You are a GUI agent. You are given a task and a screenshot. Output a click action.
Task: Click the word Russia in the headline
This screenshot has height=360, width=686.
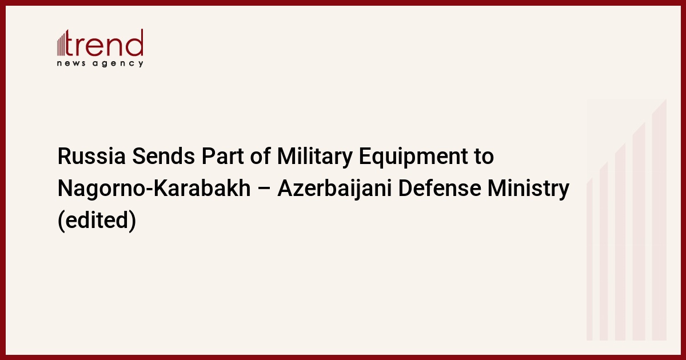tap(91, 156)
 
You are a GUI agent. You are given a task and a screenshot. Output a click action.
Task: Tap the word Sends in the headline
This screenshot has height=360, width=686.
tap(163, 156)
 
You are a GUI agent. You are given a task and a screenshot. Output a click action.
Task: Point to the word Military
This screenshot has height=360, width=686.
tap(315, 157)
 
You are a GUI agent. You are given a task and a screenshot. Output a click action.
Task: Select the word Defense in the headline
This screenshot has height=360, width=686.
tap(440, 188)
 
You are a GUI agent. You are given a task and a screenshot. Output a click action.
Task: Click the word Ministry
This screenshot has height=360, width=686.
tap(528, 189)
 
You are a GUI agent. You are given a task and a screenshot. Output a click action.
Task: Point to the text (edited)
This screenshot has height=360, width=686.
tap(97, 221)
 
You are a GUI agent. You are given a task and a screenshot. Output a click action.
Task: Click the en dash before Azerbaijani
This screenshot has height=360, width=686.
tap(264, 190)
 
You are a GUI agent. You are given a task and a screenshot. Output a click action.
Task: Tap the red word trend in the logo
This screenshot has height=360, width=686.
tap(104, 43)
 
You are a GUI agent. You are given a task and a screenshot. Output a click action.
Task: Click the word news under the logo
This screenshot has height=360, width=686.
tap(71, 63)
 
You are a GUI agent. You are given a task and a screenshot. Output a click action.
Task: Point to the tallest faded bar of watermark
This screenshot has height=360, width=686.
tap(659, 219)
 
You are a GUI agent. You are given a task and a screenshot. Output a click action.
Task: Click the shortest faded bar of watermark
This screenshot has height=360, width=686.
tap(589, 259)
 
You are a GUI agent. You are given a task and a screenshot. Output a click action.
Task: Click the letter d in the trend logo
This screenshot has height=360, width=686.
tap(135, 43)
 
